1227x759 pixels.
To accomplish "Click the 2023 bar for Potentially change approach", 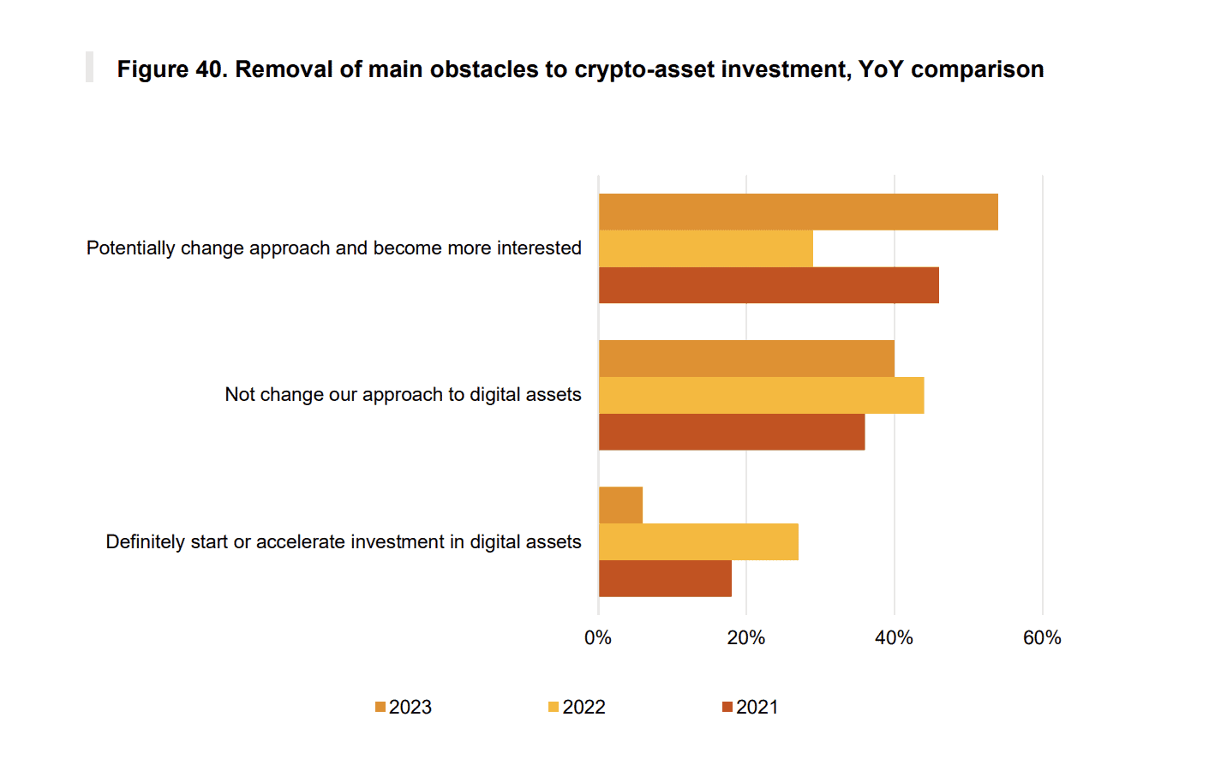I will (798, 212).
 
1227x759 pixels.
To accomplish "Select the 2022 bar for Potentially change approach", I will (705, 248).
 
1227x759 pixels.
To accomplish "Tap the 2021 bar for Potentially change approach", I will (769, 285).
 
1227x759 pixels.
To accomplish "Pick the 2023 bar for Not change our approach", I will (746, 358).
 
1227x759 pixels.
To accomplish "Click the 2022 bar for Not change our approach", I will (761, 395).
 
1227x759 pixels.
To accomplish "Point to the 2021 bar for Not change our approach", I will (732, 432).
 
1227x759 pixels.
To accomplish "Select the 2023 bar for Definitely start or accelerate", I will (620, 505).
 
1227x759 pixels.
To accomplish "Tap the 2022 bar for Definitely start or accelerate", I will (698, 542).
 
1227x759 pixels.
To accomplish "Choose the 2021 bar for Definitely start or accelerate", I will (665, 579).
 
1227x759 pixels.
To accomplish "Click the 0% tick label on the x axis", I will (598, 638).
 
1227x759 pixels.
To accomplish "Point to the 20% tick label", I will (746, 638).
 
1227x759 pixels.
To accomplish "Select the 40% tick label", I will (894, 638).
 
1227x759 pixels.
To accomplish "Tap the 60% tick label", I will (1042, 638).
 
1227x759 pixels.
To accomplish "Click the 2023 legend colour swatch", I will (380, 708).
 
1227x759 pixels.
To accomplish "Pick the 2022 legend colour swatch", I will (554, 708).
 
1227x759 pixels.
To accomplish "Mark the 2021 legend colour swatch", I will (727, 708).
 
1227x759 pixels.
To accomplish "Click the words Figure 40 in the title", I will (172, 69).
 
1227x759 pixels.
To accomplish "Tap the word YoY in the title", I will (881, 69).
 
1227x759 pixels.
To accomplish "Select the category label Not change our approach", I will (403, 395).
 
